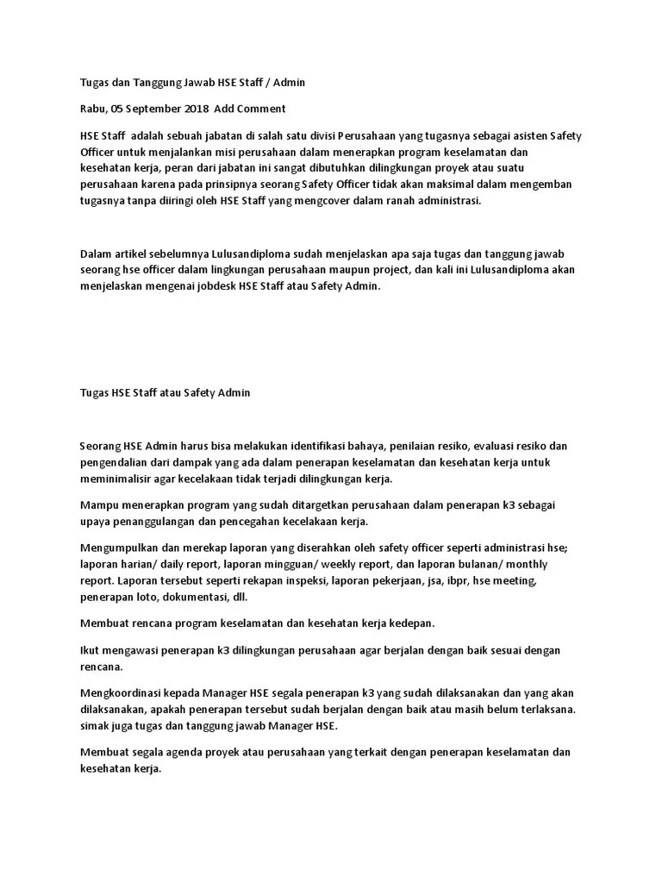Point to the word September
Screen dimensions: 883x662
(x=153, y=109)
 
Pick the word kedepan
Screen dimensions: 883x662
(x=411, y=623)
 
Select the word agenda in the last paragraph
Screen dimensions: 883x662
(x=180, y=752)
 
